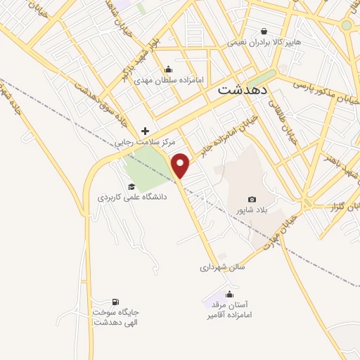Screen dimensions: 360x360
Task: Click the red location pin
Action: coord(181,165)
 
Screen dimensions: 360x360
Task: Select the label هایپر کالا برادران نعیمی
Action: coord(264,43)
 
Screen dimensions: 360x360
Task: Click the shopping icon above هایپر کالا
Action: coord(264,32)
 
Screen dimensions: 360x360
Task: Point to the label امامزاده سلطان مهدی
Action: coord(169,80)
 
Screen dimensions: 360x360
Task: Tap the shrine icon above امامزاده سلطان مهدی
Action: coord(168,69)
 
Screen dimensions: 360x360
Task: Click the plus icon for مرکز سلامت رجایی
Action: coord(146,131)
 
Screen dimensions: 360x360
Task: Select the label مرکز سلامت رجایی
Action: coord(146,143)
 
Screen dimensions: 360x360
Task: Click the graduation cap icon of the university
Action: coord(131,186)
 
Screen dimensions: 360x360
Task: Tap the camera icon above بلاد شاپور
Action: coord(252,200)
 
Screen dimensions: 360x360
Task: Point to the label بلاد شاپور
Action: coord(252,211)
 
